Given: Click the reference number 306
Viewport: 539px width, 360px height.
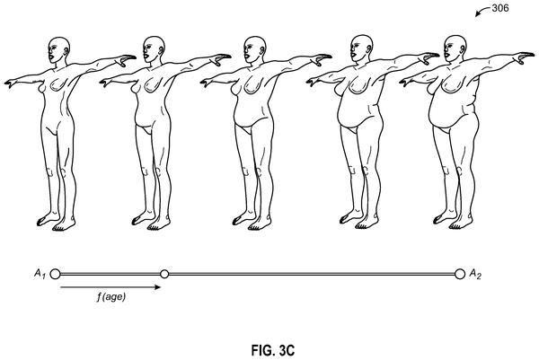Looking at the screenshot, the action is [500, 8].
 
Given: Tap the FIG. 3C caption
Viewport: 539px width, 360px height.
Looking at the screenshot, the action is [273, 350].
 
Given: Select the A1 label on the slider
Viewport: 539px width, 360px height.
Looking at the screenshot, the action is [40, 274].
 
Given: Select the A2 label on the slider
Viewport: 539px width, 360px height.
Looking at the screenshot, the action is [475, 274].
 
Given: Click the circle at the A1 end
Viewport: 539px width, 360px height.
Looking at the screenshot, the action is [55, 274].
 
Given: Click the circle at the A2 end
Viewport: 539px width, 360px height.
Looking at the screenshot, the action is [460, 274].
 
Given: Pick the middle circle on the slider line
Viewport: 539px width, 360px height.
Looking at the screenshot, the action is [164, 274].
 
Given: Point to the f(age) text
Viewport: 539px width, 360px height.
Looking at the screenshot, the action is [111, 296].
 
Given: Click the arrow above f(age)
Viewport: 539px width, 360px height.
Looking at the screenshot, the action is [110, 286].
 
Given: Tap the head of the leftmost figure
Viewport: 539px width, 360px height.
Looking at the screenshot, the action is [58, 49].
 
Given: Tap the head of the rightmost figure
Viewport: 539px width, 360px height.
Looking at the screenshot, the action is [455, 48].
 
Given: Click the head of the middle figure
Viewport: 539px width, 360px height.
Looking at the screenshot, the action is [255, 49].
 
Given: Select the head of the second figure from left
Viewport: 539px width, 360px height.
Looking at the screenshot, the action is [154, 49].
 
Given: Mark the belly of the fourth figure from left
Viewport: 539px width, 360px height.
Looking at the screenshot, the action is [354, 111].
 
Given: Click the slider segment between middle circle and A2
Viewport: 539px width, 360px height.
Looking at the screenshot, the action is [312, 274].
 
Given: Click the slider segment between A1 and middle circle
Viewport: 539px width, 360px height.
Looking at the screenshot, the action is [110, 274].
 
